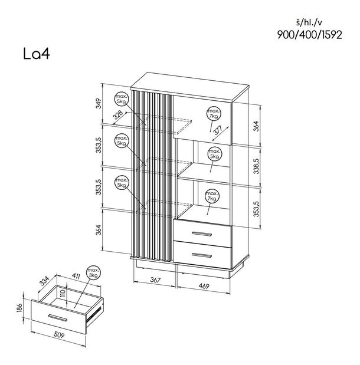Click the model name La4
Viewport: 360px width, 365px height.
tap(37, 54)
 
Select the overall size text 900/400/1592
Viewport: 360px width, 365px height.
tap(309, 35)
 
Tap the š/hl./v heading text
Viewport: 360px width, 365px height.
tap(309, 22)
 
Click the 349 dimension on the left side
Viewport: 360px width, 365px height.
tap(99, 103)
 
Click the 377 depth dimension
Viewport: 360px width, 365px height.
tap(218, 130)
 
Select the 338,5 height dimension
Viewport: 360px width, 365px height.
tap(256, 166)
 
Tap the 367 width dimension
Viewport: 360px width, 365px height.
tap(155, 280)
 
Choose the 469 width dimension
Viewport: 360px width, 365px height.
tap(204, 286)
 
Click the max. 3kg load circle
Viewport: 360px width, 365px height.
tap(93, 273)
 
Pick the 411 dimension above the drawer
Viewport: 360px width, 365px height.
tap(76, 276)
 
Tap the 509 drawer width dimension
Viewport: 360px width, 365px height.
tap(59, 335)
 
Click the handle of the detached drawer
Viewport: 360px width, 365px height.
tap(58, 318)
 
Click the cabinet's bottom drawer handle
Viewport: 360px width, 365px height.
tap(202, 255)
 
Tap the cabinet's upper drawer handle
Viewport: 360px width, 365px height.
tap(202, 234)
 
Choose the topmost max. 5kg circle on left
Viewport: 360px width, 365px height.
tap(122, 99)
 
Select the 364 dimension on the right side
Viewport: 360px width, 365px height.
tap(256, 126)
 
